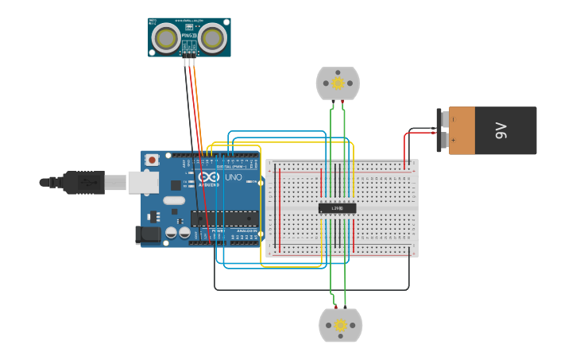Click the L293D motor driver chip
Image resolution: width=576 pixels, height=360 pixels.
[337, 208]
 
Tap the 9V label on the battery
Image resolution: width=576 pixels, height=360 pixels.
[501, 130]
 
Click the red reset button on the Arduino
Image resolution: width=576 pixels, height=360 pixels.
[153, 160]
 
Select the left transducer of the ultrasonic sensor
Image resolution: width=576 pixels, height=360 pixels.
[166, 37]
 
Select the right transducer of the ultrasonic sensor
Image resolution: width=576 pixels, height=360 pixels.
[212, 37]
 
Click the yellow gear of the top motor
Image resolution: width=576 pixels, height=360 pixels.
[338, 83]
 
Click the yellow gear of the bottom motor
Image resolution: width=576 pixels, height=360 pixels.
[341, 325]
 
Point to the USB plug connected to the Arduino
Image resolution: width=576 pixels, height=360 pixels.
[83, 182]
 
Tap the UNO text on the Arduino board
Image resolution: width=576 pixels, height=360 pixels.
[234, 177]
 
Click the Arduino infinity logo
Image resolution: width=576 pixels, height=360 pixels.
[209, 177]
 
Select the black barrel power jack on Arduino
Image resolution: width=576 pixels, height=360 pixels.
[148, 234]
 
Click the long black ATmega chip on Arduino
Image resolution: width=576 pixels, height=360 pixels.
[224, 219]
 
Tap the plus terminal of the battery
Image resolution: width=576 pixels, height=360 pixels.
[453, 141]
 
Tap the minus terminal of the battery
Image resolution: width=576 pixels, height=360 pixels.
[453, 119]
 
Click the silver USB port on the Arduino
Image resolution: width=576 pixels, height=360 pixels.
[143, 183]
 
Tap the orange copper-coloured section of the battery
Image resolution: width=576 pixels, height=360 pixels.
[463, 130]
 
